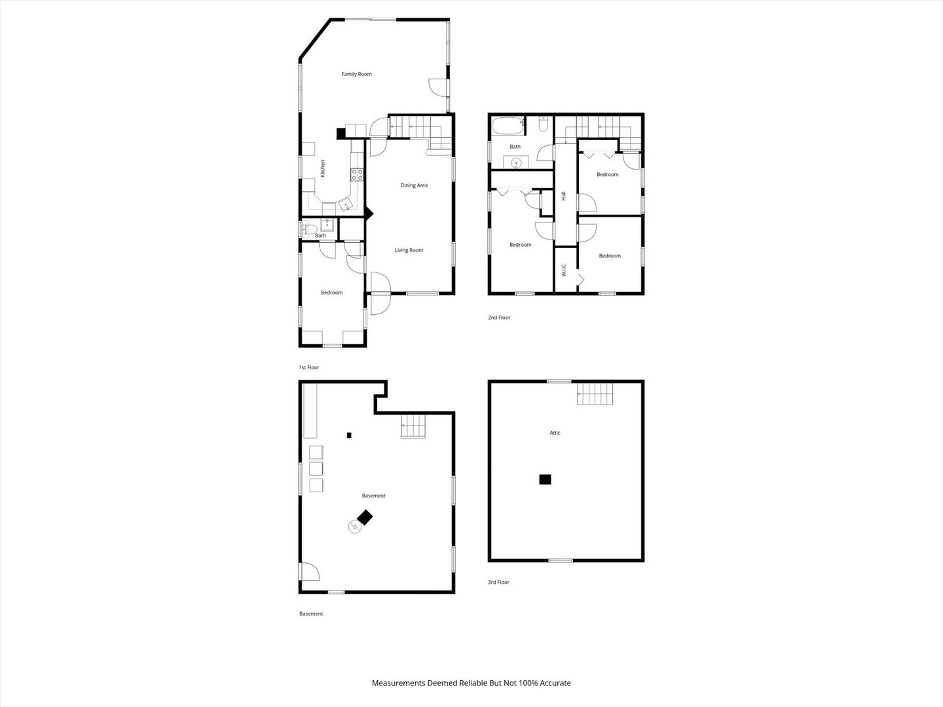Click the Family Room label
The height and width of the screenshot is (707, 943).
[356, 74]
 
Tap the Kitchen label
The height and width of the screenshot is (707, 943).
[323, 168]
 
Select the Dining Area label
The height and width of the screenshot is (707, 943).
[414, 185]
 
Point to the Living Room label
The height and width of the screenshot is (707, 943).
[409, 250]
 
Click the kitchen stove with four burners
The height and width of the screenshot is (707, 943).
[357, 175]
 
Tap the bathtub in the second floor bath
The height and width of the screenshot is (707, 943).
[508, 126]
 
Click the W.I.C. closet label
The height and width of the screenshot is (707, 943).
[564, 270]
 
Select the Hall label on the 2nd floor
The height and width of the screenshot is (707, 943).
[563, 196]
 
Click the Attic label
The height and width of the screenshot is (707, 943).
[555, 433]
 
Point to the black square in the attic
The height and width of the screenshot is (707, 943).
[545, 479]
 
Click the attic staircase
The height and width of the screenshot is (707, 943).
[595, 393]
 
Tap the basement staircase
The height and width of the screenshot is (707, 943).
[413, 426]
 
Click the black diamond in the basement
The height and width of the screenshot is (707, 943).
[365, 517]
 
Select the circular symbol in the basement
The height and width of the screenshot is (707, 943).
[355, 527]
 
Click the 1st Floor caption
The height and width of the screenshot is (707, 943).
[309, 367]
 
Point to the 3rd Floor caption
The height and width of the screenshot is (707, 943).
[498, 582]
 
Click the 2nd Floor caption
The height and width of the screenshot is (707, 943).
[499, 317]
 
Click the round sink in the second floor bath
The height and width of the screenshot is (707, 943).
[515, 163]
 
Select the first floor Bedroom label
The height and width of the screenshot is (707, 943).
[331, 293]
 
